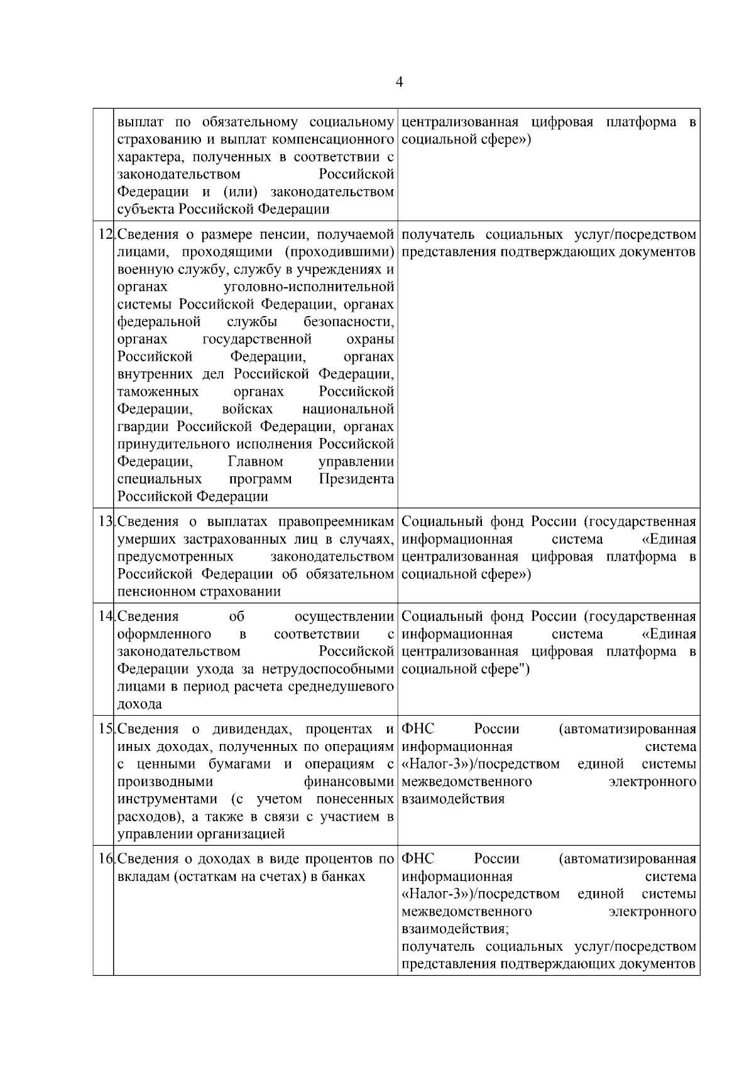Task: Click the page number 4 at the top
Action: [400, 83]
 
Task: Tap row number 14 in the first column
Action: [105, 616]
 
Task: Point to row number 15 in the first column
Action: [105, 730]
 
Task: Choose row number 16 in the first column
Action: [105, 859]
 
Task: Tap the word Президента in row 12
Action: [356, 479]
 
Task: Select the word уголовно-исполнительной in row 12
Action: [309, 287]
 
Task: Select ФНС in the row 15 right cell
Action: [417, 730]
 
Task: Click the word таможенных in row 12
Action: [158, 392]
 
